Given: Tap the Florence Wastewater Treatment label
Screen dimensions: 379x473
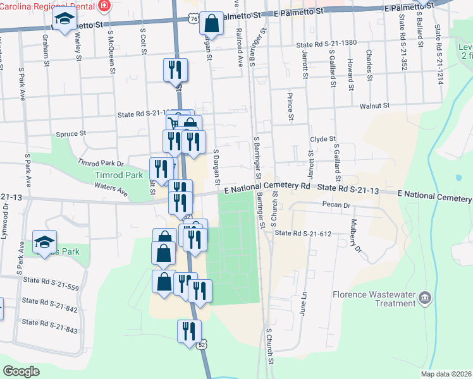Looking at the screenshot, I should click(376, 299).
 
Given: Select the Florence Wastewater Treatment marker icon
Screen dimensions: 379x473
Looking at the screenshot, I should click(424, 297).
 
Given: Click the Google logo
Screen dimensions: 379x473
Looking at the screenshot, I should click(21, 371).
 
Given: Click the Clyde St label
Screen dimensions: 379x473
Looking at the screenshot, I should click(322, 139).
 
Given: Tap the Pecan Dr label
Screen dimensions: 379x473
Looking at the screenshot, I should click(336, 205).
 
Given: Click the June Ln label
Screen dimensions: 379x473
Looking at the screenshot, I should click(304, 304).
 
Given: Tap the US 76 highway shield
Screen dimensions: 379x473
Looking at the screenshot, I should click(191, 21).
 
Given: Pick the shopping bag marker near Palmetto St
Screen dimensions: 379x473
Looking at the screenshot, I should click(212, 25).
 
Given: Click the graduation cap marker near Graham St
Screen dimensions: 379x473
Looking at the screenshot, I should click(64, 21).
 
